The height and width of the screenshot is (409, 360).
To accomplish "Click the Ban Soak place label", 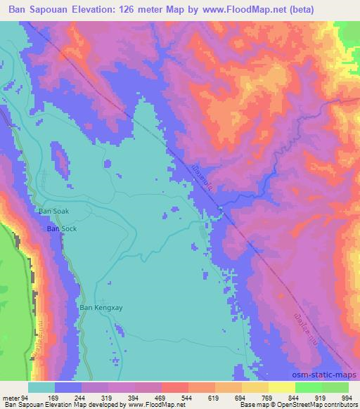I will pyautogui.click(x=53, y=210).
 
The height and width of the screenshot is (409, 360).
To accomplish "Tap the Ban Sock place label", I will pyautogui.click(x=61, y=229).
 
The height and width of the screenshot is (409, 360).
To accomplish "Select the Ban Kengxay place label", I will pyautogui.click(x=96, y=307).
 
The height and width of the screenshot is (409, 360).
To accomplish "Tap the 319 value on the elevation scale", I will pyautogui.click(x=110, y=398).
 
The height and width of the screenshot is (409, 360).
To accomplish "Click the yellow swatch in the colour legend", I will pyautogui.click(x=282, y=387).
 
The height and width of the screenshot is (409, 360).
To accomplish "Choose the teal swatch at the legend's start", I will pyautogui.click(x=41, y=387).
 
